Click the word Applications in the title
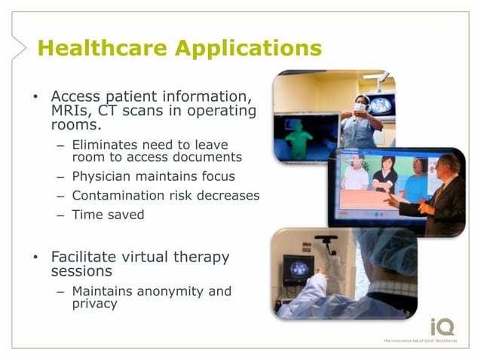coord(248,48)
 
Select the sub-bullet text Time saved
coord(108,214)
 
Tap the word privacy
coord(95,304)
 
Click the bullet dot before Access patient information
coord(35,98)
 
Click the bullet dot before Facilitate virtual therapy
coord(35,258)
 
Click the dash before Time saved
coord(60,215)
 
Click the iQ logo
coord(442,327)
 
